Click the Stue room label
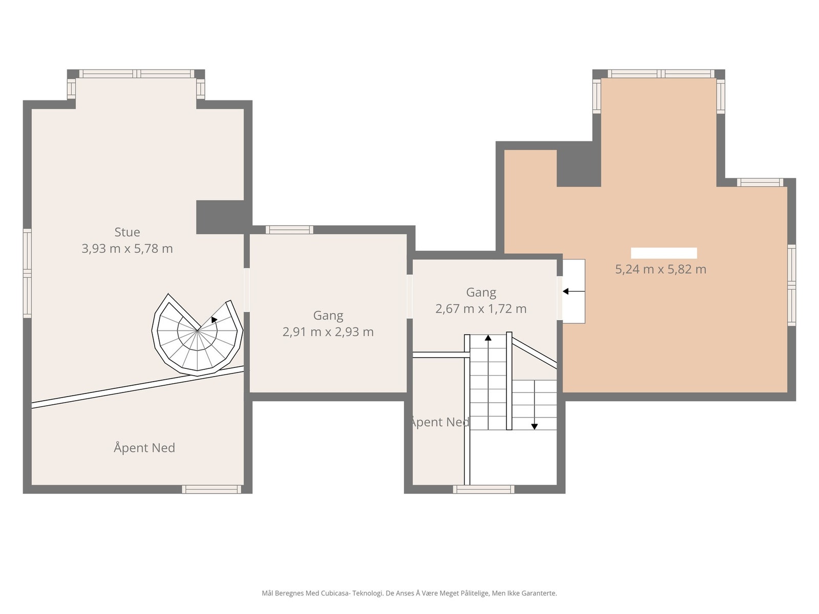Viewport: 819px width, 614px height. coord(127,232)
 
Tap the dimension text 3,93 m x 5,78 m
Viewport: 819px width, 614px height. coord(127,249)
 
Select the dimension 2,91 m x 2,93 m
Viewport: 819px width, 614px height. coord(328,332)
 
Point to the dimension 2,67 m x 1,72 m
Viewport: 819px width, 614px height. coord(481,309)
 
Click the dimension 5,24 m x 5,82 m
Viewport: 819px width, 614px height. coord(660,269)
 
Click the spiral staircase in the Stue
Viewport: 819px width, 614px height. coord(197,336)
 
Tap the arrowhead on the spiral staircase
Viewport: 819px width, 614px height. coord(214,319)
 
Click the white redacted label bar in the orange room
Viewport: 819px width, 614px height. coord(664,253)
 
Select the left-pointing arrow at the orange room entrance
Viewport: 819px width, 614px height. coord(573,291)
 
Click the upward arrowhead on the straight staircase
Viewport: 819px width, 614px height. coord(488,338)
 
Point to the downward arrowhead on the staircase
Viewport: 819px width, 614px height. coord(534,427)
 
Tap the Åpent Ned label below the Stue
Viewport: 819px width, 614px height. coord(144,448)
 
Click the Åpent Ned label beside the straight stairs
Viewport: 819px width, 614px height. coord(440,422)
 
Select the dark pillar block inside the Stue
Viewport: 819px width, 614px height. coord(220,217)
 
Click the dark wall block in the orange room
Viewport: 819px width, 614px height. coord(579,168)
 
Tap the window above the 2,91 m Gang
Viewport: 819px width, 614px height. coord(290,230)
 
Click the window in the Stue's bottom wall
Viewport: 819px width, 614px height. coord(211,489)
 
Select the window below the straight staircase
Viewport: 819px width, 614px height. coord(484,489)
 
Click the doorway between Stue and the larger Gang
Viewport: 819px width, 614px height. coord(247,290)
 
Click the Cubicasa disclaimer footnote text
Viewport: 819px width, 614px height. coord(409,593)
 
